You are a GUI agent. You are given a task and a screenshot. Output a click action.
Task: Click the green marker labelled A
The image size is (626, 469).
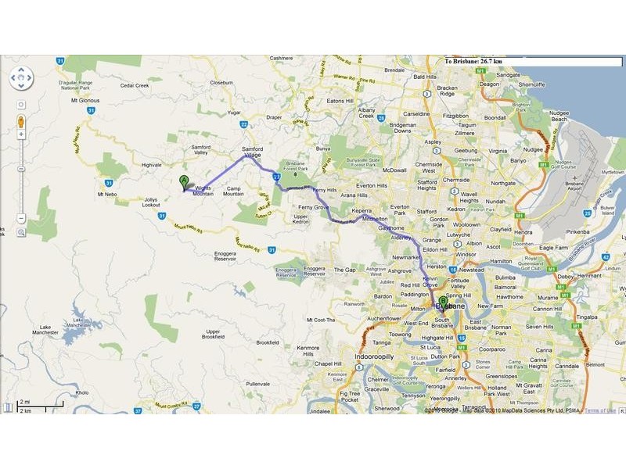pyautogui.click(x=184, y=183)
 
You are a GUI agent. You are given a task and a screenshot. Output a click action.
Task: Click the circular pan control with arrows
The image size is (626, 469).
pyautogui.click(x=21, y=78)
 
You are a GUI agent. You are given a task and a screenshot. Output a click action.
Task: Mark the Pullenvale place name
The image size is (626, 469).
pyautogui.click(x=257, y=385)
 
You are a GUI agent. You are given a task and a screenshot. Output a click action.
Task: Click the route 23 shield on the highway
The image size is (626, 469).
pyautogui.click(x=277, y=177)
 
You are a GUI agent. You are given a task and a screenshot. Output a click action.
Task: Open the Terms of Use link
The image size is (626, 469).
pyautogui.click(x=601, y=410)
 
